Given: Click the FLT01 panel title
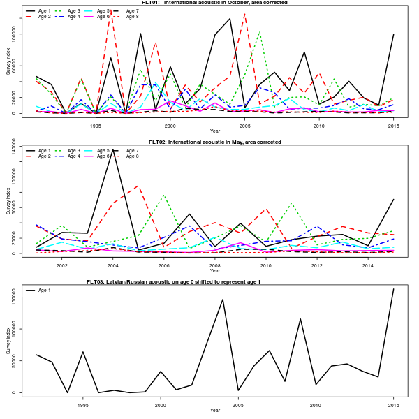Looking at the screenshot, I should click(215, 3).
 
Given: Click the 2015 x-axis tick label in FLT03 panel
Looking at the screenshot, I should click(393, 404).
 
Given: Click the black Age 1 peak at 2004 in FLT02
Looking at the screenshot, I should click(113, 149).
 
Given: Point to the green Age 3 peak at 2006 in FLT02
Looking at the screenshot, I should click(164, 195).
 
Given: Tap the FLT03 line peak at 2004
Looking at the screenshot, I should click(223, 300).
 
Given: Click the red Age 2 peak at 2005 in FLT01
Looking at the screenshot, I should click(244, 14).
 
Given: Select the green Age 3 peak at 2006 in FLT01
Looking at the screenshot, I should click(260, 31).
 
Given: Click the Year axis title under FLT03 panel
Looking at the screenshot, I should click(214, 410).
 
